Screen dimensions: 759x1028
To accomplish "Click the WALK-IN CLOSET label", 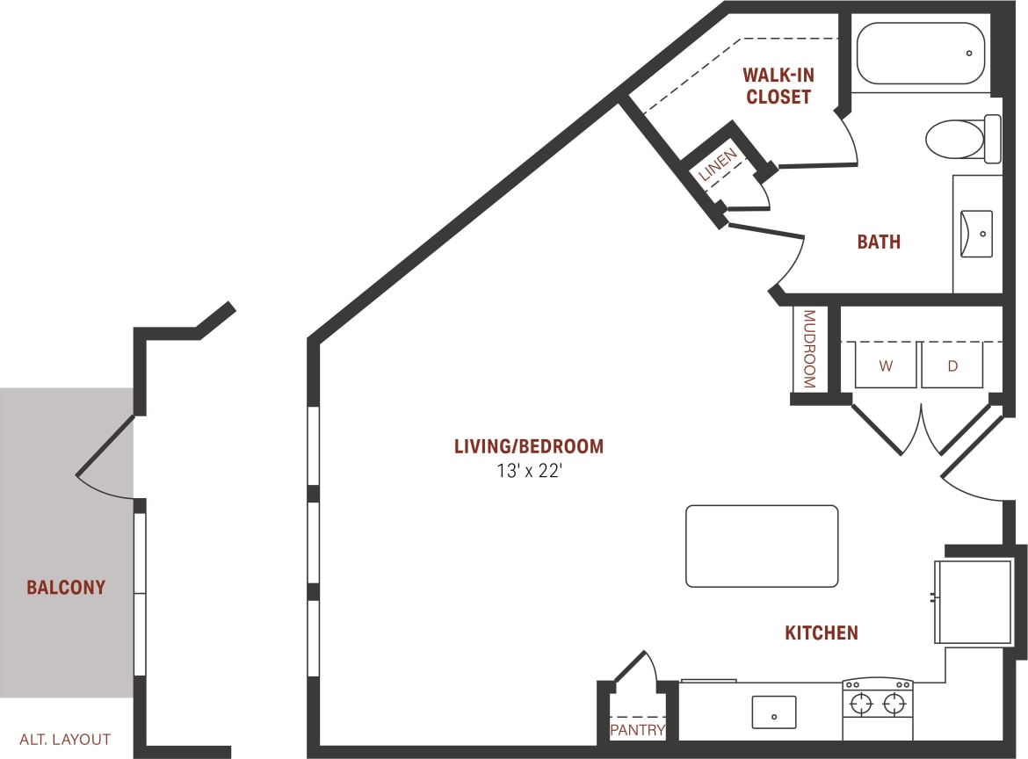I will pos(778,86).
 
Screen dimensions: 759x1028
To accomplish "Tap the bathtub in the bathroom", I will pos(920,54).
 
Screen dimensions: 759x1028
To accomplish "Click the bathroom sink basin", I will pos(976,234).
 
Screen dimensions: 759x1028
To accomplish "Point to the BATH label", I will pos(879,242).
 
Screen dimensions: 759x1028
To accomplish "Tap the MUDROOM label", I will pos(809,349).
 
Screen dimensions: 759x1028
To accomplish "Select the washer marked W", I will pos(886,365).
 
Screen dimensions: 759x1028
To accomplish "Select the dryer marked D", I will pos(952,365).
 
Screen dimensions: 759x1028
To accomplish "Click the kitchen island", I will pos(761,546).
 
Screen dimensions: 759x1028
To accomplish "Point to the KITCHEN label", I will pos(821,632).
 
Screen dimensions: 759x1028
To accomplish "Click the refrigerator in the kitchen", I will pos(974,601).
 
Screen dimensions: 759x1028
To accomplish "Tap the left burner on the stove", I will pos(860,703).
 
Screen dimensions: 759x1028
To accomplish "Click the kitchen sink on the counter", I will pos(773,712).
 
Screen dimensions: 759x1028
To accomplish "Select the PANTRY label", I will pos(637,730).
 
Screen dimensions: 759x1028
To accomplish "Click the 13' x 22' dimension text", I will pos(528,471).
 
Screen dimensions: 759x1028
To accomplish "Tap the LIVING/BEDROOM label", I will pos(528,446).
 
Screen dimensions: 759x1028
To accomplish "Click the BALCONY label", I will pos(66,588).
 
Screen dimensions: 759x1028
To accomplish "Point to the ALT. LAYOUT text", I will pos(65,740).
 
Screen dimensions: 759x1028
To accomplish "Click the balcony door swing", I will pos(104,452).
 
